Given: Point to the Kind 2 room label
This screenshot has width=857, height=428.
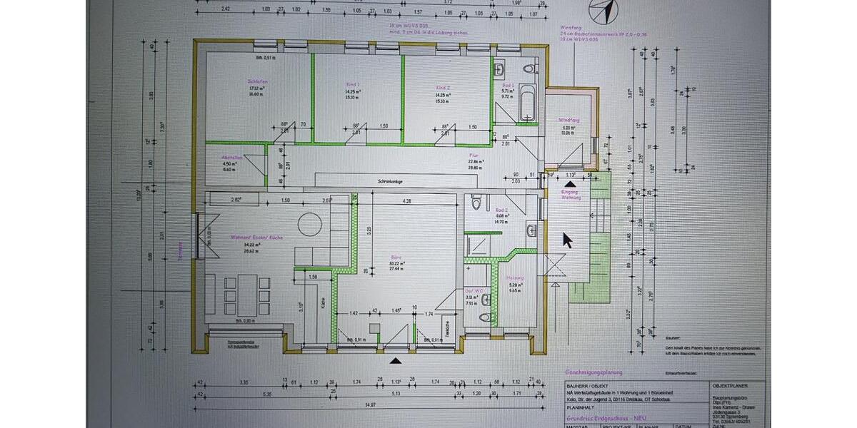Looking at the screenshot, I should (442, 87).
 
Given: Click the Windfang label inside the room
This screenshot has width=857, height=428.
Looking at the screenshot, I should (568, 120).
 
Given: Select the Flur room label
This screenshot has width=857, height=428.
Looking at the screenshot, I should (473, 154).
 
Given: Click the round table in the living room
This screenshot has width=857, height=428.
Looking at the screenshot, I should (310, 220).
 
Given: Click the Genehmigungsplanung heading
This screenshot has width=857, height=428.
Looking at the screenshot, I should (594, 372).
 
